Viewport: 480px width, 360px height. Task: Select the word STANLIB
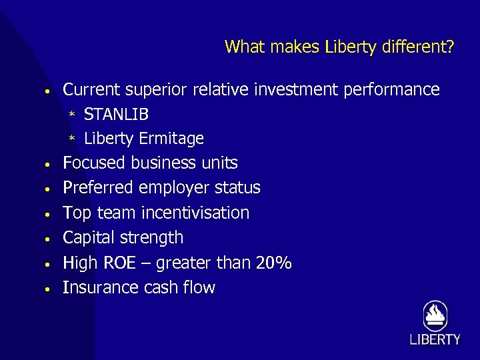(116, 115)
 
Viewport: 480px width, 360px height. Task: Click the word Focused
(94, 163)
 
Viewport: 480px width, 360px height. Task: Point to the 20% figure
(274, 263)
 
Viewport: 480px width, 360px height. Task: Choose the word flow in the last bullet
(199, 288)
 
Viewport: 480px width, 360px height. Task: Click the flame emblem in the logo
(435, 315)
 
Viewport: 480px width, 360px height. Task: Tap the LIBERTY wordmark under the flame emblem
(435, 340)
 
